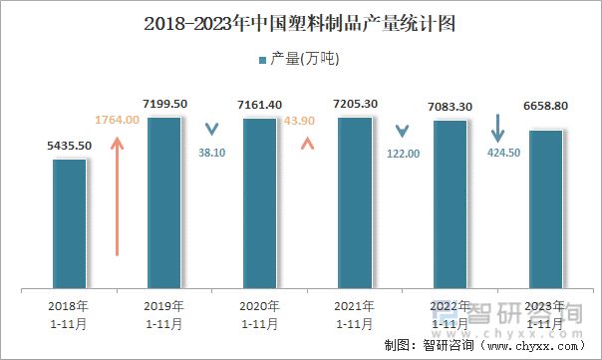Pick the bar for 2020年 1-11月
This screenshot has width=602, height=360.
pyautogui.click(x=260, y=203)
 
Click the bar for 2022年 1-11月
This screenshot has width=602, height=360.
pyautogui.click(x=451, y=204)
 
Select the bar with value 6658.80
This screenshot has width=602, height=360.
pyautogui.click(x=545, y=209)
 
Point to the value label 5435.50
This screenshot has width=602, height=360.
pyautogui.click(x=70, y=146)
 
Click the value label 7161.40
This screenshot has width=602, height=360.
pyautogui.click(x=260, y=105)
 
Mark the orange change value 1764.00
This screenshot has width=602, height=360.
pyautogui.click(x=118, y=120)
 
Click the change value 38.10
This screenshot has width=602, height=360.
pyautogui.click(x=211, y=154)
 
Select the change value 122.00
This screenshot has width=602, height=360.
pyautogui.click(x=403, y=154)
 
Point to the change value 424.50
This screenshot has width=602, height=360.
pyautogui.click(x=498, y=153)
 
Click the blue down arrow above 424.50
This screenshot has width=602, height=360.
pyautogui.click(x=498, y=128)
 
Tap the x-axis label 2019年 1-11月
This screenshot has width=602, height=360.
pyautogui.click(x=164, y=314)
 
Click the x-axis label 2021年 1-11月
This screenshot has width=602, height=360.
pyautogui.click(x=355, y=314)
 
